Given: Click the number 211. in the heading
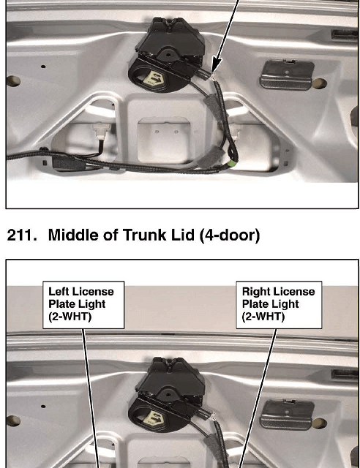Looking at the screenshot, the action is (x=22, y=235).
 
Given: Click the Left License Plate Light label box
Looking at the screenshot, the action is (x=83, y=305).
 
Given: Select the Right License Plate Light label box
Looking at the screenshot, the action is (x=279, y=305).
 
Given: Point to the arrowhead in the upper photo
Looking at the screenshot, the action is (x=216, y=65).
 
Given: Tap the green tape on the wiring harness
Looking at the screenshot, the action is (x=232, y=163).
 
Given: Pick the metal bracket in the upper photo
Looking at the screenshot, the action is (x=286, y=75).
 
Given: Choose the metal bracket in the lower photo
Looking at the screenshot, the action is (x=286, y=415).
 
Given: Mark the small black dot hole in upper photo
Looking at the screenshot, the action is (x=43, y=67).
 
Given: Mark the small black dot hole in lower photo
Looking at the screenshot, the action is (x=43, y=407).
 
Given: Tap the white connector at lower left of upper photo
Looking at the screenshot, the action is (x=101, y=130).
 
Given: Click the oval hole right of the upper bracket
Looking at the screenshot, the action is (x=319, y=83).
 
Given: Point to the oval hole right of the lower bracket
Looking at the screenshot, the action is (x=319, y=423).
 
